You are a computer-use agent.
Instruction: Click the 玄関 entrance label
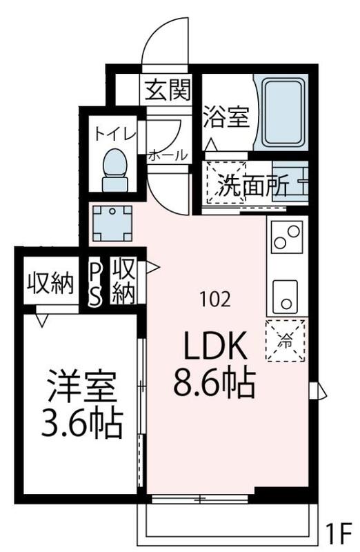coord(166,90)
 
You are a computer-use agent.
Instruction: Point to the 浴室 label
coord(226,117)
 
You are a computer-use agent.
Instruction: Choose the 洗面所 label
coord(245,187)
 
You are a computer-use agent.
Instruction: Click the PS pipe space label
coord(96,283)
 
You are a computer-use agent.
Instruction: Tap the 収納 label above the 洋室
coord(50,284)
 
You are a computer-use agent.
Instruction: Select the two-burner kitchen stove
coord(287,236)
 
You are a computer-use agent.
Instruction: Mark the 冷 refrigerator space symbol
coord(285,339)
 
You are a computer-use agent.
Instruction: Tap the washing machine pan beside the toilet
coord(108,222)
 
